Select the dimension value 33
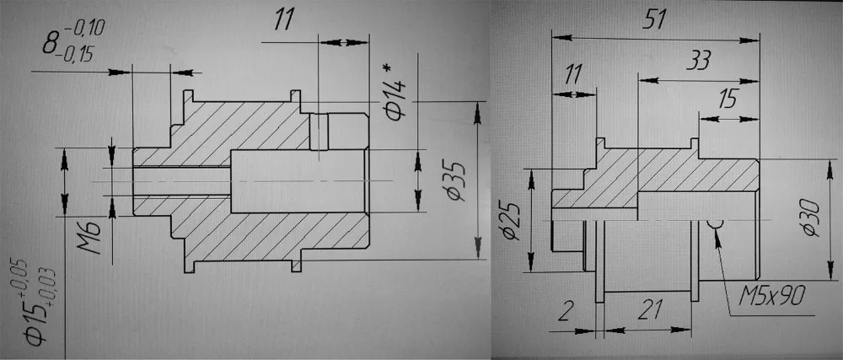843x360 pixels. tap(699, 61)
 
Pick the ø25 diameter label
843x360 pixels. tap(511, 222)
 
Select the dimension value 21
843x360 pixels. tap(648, 311)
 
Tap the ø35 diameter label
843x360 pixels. tap(456, 180)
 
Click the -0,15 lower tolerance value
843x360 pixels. tap(78, 54)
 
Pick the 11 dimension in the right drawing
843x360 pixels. tap(574, 74)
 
